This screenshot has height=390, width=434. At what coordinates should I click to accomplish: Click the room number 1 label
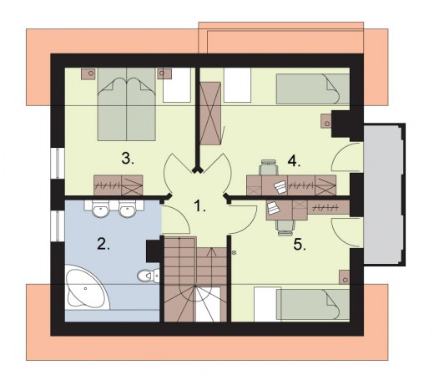pos(199,206)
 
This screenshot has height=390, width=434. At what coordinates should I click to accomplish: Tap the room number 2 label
pos(103,244)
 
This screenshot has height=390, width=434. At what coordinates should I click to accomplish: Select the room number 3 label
pos(128,159)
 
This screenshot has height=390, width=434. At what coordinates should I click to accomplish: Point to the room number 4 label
pos(294,160)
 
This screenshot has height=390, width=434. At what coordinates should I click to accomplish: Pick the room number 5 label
pos(300,245)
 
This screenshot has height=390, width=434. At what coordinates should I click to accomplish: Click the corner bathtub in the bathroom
pos(85,287)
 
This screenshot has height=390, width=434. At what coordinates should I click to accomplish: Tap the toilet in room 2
pos(149,276)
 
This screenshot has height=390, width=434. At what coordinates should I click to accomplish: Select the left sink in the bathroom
pos(100,209)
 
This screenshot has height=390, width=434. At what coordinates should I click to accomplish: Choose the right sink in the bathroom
pos(127,209)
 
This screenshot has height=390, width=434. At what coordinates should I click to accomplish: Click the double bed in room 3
pos(126,104)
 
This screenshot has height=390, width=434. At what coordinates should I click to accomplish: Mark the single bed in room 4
pos(313,89)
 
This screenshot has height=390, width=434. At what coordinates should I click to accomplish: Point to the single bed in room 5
pos(313,304)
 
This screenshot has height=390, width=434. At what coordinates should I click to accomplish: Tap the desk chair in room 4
pos(269,167)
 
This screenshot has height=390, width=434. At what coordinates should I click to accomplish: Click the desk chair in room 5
pos(285,228)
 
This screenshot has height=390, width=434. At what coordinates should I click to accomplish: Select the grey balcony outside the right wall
pos(384,195)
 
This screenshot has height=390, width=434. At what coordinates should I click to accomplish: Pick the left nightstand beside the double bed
pos(88,73)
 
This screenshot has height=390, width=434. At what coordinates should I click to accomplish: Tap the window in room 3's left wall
pos(58,164)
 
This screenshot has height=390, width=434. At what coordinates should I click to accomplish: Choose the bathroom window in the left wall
pos(58,226)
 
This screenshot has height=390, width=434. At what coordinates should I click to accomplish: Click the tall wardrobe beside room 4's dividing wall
pos(210,114)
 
